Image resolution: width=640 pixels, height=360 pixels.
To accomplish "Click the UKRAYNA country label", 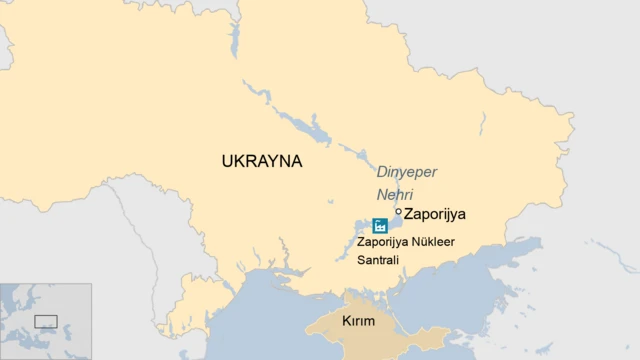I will pyautogui.click(x=261, y=161).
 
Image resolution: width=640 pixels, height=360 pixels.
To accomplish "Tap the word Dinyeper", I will pyautogui.click(x=407, y=171).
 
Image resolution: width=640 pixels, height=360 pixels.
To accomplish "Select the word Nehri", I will pyautogui.click(x=394, y=194).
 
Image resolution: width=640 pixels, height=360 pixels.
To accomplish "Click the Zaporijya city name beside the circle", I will pyautogui.click(x=435, y=213).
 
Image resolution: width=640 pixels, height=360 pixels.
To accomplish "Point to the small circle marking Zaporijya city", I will pyautogui.click(x=398, y=212).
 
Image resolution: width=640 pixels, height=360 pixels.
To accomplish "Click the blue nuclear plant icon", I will pyautogui.click(x=380, y=225).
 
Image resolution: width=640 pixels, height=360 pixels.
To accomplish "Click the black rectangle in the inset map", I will pyautogui.click(x=46, y=321).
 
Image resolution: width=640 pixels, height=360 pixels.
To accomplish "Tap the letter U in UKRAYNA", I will pyautogui.click(x=228, y=161).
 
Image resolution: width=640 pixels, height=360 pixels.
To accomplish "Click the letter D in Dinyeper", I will pyautogui.click(x=379, y=171).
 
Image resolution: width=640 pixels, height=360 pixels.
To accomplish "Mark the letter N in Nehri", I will pyautogui.click(x=381, y=194).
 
